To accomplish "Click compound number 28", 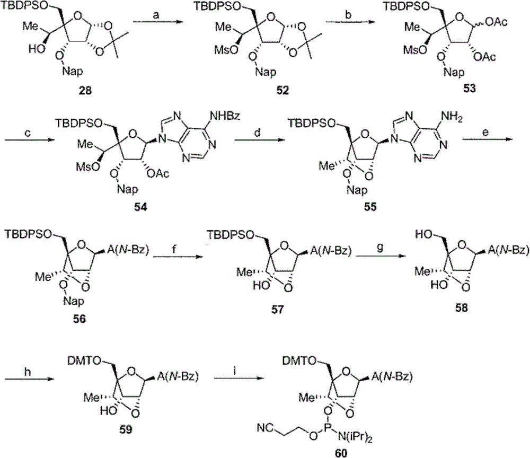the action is pyautogui.click(x=85, y=91).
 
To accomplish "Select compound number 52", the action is pyautogui.click(x=282, y=91).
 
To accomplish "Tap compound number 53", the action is pyautogui.click(x=469, y=89).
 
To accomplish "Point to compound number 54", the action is pyautogui.click(x=140, y=207).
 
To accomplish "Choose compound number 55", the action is pyautogui.click(x=370, y=207).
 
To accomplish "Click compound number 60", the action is pyautogui.click(x=341, y=453).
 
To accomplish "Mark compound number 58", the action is pyautogui.click(x=461, y=309).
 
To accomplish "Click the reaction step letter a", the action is pyautogui.click(x=156, y=15).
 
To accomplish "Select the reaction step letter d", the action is pyautogui.click(x=258, y=133).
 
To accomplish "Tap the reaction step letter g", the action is pyautogui.click(x=381, y=248).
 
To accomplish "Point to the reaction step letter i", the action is pyautogui.click(x=236, y=371).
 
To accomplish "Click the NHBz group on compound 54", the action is pyautogui.click(x=225, y=116).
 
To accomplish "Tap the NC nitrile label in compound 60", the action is pyautogui.click(x=265, y=428).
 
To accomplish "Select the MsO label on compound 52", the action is pyautogui.click(x=226, y=50).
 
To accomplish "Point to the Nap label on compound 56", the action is pyautogui.click(x=73, y=301).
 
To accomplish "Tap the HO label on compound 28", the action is pyautogui.click(x=36, y=49).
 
